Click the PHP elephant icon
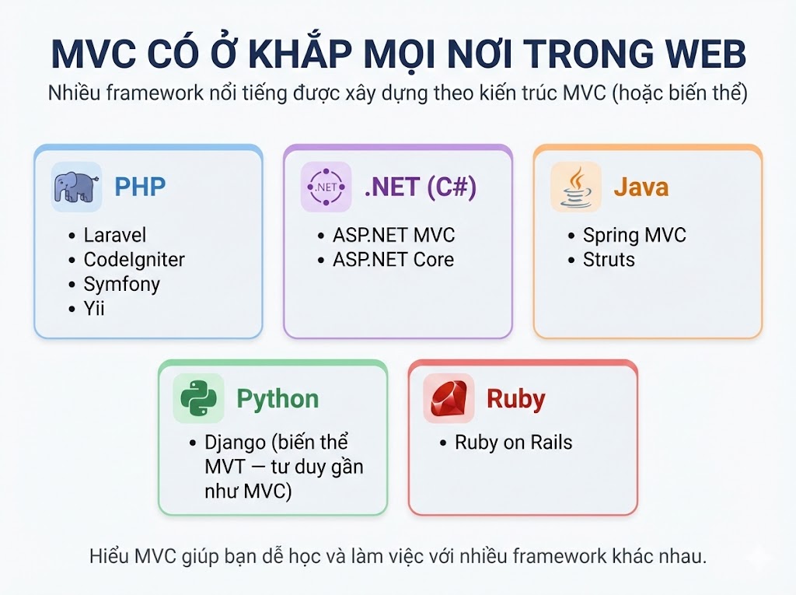click(x=76, y=187)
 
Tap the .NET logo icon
click(x=326, y=187)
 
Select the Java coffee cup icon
click(x=576, y=187)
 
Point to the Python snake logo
click(x=198, y=398)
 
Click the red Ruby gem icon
click(x=449, y=398)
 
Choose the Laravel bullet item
click(x=114, y=235)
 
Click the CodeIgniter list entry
click(x=134, y=259)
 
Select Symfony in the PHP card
click(x=121, y=284)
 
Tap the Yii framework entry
click(x=94, y=309)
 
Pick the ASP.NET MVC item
click(x=393, y=235)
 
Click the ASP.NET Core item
click(x=393, y=259)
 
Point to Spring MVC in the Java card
click(x=634, y=235)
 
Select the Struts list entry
click(x=609, y=259)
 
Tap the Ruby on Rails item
click(x=513, y=443)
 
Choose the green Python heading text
click(x=278, y=399)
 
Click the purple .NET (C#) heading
click(x=420, y=187)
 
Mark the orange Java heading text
click(x=641, y=187)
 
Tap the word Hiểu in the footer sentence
click(x=110, y=557)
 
